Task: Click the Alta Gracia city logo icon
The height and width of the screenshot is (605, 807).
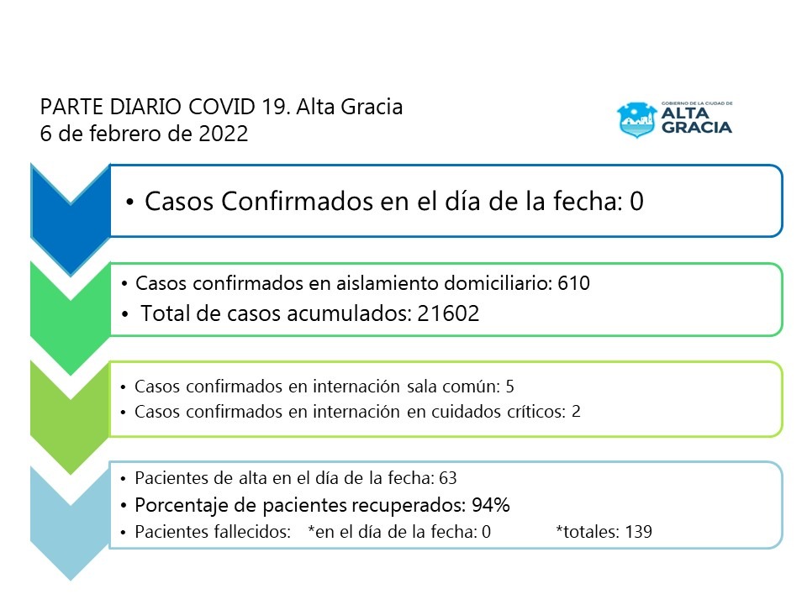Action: tap(636, 119)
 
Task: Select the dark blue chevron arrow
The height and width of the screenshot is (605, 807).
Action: tap(70, 210)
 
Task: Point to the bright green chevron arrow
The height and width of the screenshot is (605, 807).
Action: tap(70, 307)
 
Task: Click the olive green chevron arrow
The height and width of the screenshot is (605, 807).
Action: tap(70, 408)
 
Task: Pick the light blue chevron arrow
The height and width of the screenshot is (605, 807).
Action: tap(70, 513)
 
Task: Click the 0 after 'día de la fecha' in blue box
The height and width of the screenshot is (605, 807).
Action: tap(636, 202)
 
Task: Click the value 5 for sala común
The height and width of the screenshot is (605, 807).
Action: tap(509, 387)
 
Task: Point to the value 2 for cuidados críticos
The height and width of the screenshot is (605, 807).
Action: tap(576, 412)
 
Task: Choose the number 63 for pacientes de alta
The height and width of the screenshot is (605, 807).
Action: tap(447, 478)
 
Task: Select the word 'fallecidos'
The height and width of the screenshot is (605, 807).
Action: tap(254, 532)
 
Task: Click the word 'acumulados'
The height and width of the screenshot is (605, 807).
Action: tap(353, 313)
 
